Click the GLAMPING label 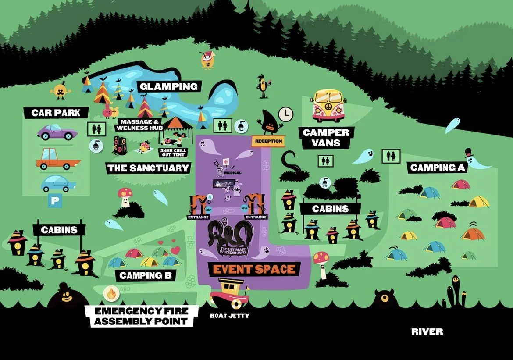[x=169, y=86]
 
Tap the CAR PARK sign [x=56, y=113]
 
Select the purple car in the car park [x=57, y=132]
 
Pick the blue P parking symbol [x=55, y=200]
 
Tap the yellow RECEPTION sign [x=267, y=141]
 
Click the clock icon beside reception [x=286, y=114]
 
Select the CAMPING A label [x=438, y=168]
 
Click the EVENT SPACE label [x=254, y=269]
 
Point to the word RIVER [x=427, y=332]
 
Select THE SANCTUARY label [x=148, y=168]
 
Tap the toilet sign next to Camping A [x=390, y=155]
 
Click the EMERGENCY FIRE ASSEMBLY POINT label [x=142, y=316]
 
